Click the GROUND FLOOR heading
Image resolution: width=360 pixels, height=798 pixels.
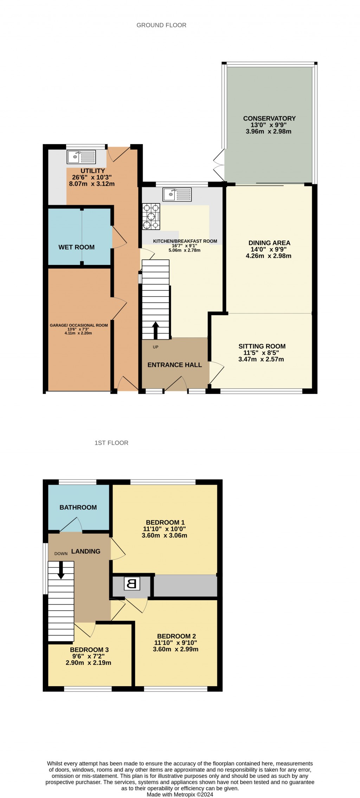tap(161, 25)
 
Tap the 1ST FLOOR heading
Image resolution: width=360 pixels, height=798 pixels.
tap(111, 443)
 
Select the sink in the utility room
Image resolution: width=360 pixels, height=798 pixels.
tap(81, 157)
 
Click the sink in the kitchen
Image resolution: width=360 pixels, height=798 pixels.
tap(177, 194)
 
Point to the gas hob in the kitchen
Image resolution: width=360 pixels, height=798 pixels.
tap(151, 216)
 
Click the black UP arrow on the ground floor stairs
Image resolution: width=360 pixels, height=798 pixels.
tap(155, 330)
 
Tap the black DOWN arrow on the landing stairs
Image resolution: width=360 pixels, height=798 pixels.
tap(61, 570)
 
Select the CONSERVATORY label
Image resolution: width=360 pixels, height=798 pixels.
tap(269, 118)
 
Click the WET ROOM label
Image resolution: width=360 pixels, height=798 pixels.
tap(76, 247)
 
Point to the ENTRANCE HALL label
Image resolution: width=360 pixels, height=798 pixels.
tap(175, 365)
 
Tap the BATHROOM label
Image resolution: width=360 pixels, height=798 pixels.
tap(78, 507)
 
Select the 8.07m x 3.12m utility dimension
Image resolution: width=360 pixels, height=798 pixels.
tap(92, 184)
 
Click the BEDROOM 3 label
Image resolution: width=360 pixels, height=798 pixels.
tap(89, 650)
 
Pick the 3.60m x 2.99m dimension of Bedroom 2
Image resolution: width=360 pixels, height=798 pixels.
tap(175, 649)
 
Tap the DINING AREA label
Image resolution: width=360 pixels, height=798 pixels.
tap(269, 243)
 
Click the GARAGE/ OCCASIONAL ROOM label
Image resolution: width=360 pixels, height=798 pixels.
tap(79, 325)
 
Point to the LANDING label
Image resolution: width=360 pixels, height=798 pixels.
tap(86, 551)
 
